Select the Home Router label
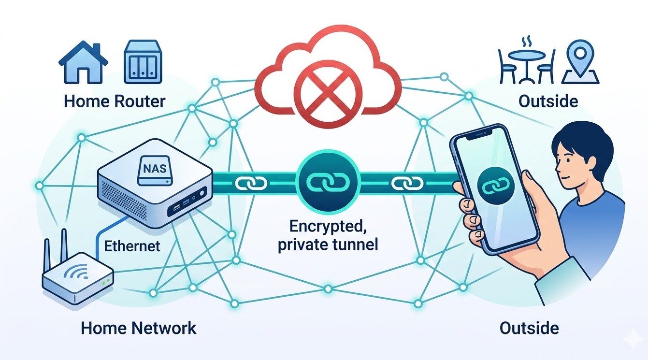click(115, 101)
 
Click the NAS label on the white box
click(154, 170)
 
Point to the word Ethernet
click(132, 246)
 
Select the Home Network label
click(139, 329)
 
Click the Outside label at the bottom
click(529, 329)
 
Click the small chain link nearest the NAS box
click(250, 184)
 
